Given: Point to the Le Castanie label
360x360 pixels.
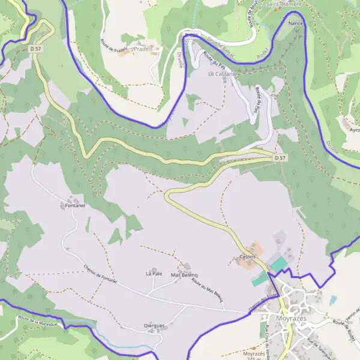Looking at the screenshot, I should [x=223, y=74].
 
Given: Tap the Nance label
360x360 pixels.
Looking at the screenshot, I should [x=296, y=23].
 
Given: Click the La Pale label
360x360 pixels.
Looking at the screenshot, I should [x=154, y=274].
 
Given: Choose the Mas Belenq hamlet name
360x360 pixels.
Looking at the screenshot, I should [x=185, y=275].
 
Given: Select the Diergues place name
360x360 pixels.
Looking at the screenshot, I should [x=155, y=326].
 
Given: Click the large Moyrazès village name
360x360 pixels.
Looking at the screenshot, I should [x=292, y=318].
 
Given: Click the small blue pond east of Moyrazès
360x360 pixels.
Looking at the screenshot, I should [x=333, y=298].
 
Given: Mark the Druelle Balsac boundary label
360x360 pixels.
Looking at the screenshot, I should [x=219, y=49].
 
